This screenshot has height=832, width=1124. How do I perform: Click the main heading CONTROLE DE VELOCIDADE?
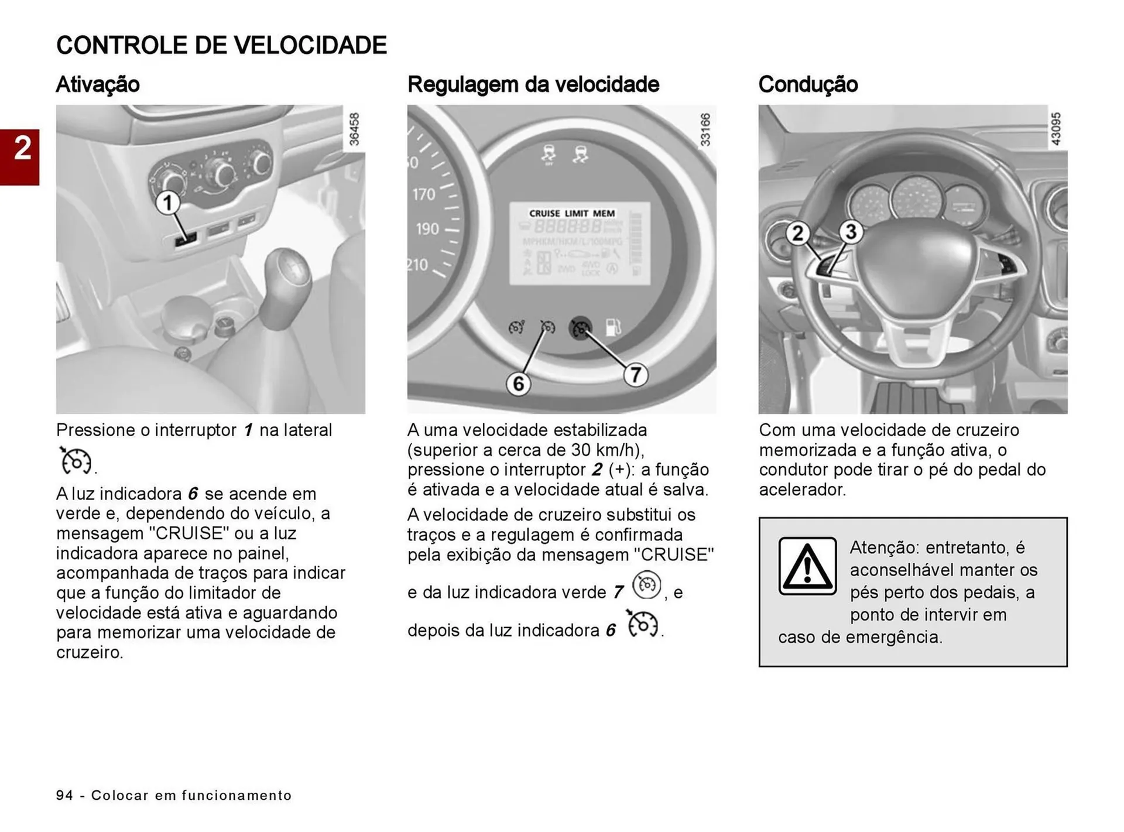pyautogui.click(x=221, y=45)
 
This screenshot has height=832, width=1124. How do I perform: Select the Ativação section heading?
pyautogui.click(x=98, y=84)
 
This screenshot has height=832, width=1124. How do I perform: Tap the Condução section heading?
pyautogui.click(x=808, y=84)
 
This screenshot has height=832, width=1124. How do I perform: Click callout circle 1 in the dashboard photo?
pyautogui.click(x=167, y=203)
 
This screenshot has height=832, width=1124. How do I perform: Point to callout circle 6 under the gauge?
pyautogui.click(x=518, y=384)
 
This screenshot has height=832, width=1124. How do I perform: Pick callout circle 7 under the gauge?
pyautogui.click(x=636, y=374)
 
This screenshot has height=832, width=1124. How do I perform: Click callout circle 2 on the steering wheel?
pyautogui.click(x=797, y=234)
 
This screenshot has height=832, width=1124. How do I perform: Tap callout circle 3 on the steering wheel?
pyautogui.click(x=851, y=231)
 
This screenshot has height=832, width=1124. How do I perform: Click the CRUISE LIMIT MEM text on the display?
pyautogui.click(x=571, y=214)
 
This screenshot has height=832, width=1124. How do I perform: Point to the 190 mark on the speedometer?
pyautogui.click(x=427, y=228)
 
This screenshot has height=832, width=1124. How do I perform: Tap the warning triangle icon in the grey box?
pyautogui.click(x=807, y=566)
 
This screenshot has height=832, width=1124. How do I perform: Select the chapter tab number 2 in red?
pyautogui.click(x=22, y=149)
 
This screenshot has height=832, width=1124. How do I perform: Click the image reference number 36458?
pyautogui.click(x=354, y=129)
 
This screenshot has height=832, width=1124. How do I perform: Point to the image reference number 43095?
pyautogui.click(x=1056, y=129)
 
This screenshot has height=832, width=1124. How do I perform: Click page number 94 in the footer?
pyautogui.click(x=64, y=795)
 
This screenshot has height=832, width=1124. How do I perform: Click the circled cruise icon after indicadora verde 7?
pyautogui.click(x=647, y=585)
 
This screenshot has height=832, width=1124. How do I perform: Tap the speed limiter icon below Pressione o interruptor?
pyautogui.click(x=76, y=460)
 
